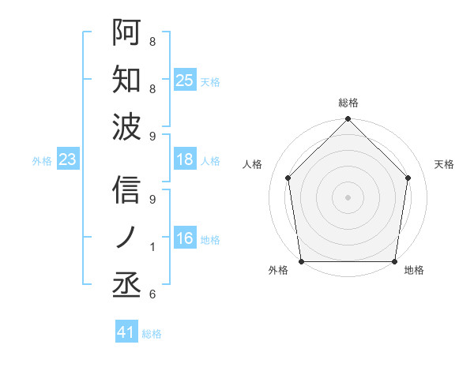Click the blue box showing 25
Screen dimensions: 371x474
185,81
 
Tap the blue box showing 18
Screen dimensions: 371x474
185,160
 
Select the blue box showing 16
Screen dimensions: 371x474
185,239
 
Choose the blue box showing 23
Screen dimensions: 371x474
68,160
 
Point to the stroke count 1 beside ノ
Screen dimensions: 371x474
152,247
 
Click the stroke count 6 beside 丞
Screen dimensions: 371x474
152,294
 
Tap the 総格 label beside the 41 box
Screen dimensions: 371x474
152,334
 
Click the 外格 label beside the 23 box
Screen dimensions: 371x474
42,161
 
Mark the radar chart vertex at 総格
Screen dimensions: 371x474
348,120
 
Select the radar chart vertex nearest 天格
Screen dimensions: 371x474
408,178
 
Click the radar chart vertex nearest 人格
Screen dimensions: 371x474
288,178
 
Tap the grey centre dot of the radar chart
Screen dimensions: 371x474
348,197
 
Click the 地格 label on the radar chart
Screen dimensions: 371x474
414,271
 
